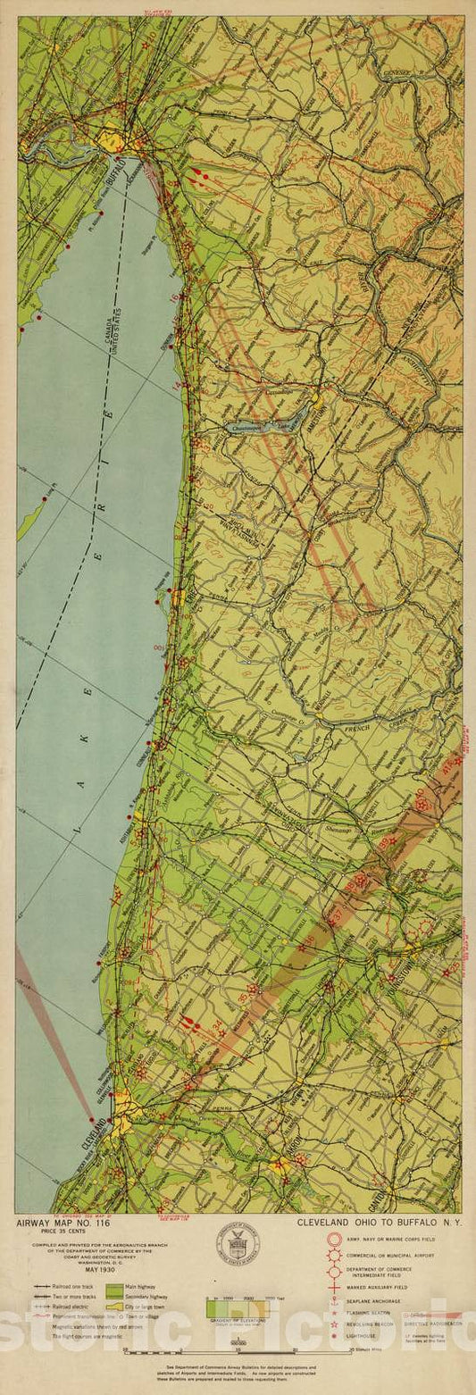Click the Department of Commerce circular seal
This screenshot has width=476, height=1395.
pos(238,1242)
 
